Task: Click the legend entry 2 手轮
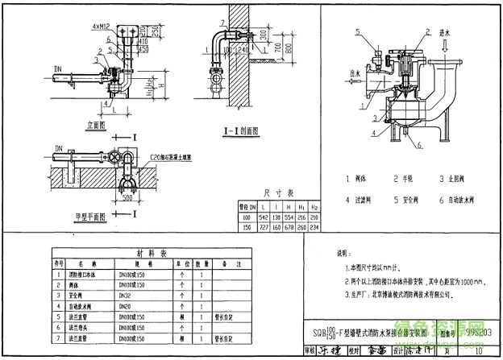pos(407,179)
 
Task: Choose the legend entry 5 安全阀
pos(407,196)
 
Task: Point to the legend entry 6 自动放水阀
pos(458,196)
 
